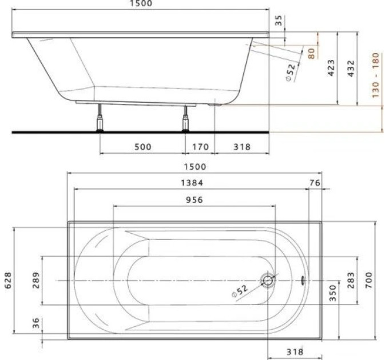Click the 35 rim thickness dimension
point(279,21)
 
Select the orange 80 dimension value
point(311,53)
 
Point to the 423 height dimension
point(331,67)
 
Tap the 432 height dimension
point(351,68)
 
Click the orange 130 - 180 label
point(376,75)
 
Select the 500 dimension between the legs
point(143,147)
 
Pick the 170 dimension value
point(201,147)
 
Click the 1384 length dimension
point(192,183)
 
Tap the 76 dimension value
point(315,183)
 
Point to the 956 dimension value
point(194,199)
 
